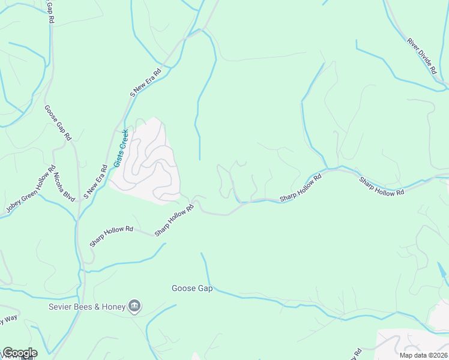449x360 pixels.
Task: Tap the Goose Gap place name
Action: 193,289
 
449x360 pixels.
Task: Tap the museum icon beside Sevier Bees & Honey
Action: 134,307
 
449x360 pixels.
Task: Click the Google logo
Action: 19,353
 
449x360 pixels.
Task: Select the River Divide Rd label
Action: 421,56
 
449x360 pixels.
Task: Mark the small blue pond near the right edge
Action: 442,271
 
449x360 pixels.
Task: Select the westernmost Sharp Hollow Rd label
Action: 111,236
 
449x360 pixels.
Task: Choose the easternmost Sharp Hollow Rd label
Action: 382,186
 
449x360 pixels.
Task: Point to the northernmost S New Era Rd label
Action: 146,83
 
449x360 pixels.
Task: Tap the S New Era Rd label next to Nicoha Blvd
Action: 95,182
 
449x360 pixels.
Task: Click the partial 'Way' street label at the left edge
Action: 7,319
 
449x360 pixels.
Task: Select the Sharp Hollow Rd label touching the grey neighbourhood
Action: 174,220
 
